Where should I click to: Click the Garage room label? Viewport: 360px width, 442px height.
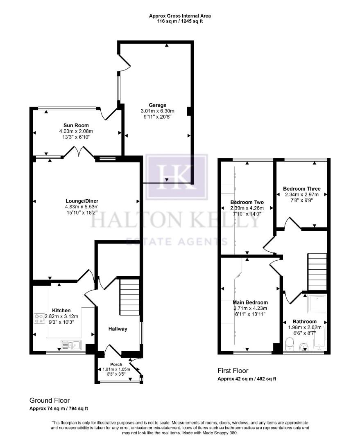point(158,105)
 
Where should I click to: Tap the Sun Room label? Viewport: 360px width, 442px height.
point(76,125)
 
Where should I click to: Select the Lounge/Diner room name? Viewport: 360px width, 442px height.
point(82,201)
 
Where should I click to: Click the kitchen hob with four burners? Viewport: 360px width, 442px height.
point(40,318)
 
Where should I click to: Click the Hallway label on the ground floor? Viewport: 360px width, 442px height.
point(118,329)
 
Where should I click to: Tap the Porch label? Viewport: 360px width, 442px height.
point(116,364)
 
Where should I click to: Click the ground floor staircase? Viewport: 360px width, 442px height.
point(129,296)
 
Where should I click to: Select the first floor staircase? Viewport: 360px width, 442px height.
point(317,271)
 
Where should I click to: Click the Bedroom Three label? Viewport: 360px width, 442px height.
point(302,189)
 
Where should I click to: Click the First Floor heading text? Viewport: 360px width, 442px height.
point(233,371)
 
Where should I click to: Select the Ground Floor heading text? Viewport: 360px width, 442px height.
point(50,400)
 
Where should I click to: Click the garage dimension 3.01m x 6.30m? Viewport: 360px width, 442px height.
point(158,111)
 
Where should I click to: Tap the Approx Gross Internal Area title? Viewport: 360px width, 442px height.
point(180,16)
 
